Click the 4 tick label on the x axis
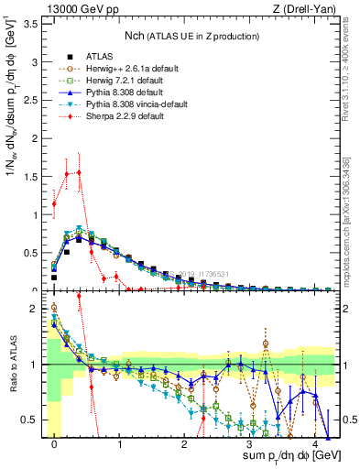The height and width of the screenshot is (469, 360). point(314,444)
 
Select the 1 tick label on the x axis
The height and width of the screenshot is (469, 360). point(119,444)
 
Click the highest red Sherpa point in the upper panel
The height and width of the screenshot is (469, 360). point(79,172)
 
